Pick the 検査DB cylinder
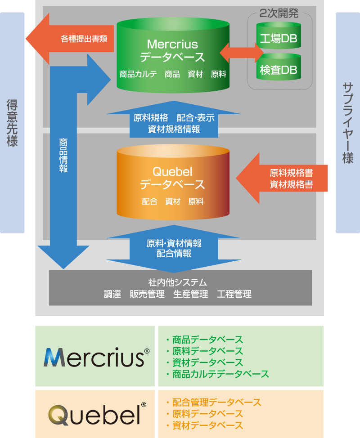279,70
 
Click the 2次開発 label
279,13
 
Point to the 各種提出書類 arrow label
84,39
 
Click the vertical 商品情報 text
63,155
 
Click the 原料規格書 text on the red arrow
291,173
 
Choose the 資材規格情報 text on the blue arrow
174,130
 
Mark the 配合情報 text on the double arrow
174,254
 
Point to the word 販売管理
146,295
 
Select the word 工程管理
234,295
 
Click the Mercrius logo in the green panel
94,357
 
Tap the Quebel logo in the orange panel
94,415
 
